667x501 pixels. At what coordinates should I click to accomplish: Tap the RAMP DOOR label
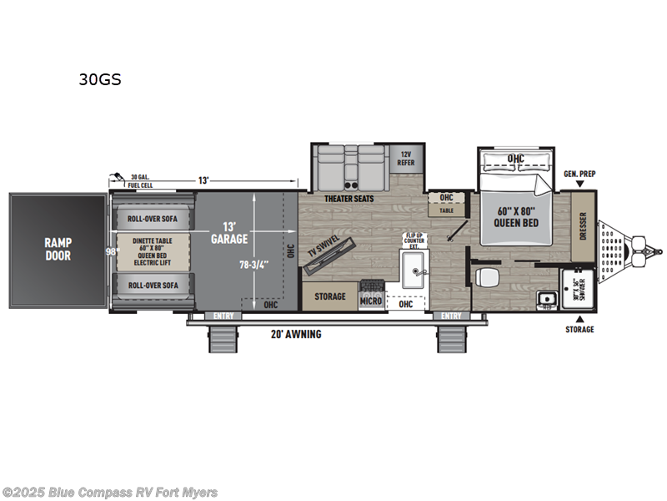[58, 249]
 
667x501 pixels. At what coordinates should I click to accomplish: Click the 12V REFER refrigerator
[405, 158]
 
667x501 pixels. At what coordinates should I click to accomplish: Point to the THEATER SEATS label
[349, 199]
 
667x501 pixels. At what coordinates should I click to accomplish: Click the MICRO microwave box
[371, 301]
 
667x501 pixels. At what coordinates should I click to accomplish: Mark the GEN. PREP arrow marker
[579, 182]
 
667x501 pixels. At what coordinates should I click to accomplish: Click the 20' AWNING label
[296, 334]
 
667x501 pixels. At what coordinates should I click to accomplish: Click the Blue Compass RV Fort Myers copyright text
[110, 492]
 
